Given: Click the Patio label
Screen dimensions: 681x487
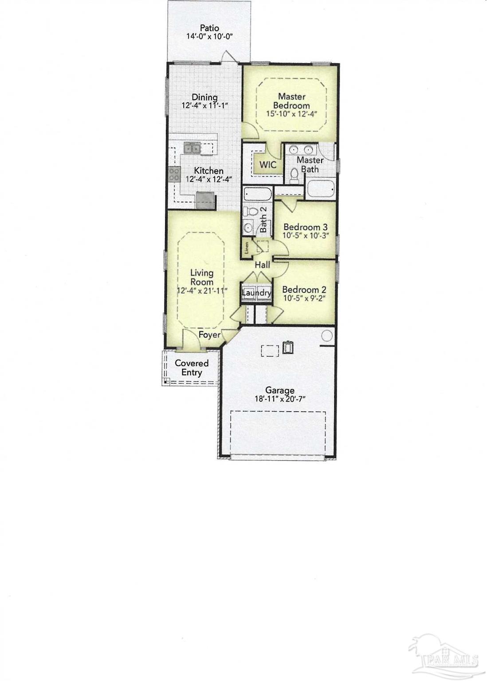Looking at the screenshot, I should point(209,28).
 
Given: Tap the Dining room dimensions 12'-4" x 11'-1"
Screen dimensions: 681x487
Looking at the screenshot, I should point(204,106).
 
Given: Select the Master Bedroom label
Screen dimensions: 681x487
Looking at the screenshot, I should point(291,101).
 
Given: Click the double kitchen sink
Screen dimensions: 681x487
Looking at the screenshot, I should point(192,148).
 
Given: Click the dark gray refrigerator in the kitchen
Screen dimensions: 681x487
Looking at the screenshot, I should point(205,200).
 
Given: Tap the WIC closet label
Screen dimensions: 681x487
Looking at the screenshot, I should point(267,165).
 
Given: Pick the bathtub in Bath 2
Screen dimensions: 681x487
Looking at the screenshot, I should point(258,194).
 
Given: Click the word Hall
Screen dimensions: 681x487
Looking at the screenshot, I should point(262,265).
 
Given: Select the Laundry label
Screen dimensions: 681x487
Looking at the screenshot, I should point(256,293).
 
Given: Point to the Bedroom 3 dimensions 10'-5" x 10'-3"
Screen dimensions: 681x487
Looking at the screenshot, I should point(306,235).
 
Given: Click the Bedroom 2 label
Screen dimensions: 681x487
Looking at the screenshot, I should point(304,290).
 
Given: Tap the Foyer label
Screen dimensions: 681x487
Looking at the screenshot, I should point(209,334).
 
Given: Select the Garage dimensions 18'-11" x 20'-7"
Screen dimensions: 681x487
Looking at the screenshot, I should point(280,399).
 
